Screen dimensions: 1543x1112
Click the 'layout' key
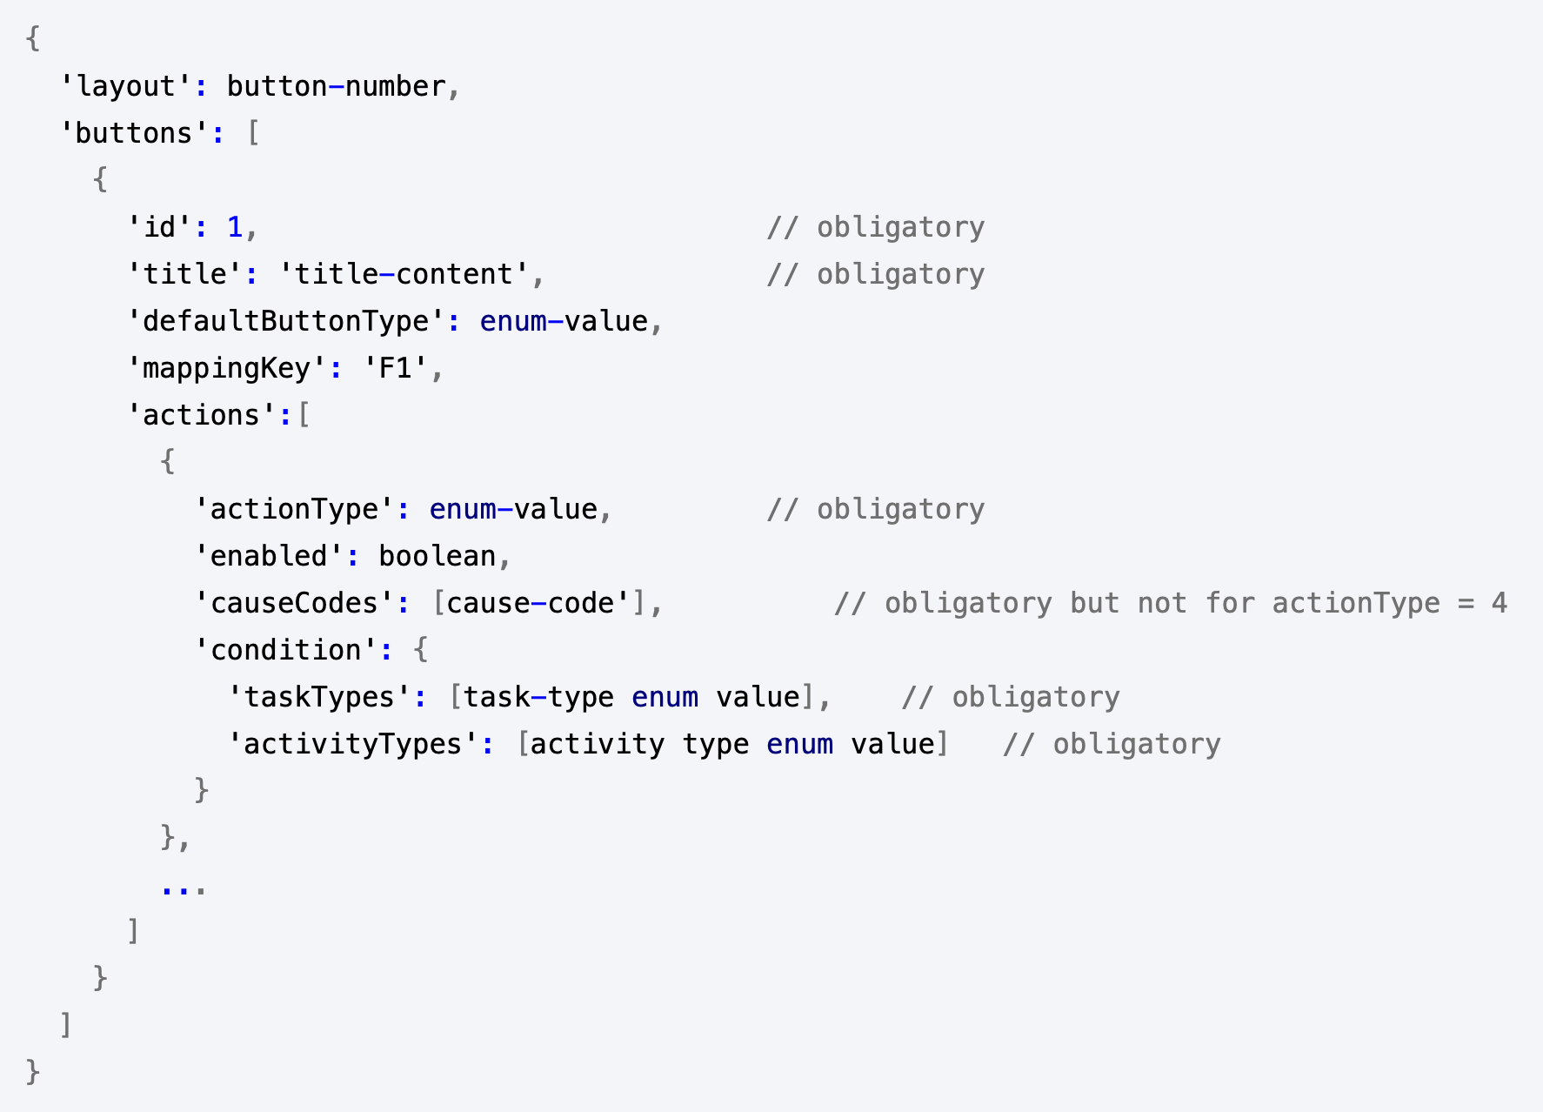pos(126,86)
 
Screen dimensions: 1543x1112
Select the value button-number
pos(337,86)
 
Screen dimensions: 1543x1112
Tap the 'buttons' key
pos(135,133)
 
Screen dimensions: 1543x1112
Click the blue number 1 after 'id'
pos(235,227)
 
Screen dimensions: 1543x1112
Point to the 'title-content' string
pos(404,274)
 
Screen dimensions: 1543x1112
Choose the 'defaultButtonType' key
pos(287,321)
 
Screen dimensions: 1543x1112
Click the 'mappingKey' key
pos(228,368)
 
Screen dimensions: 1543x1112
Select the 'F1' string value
pos(396,368)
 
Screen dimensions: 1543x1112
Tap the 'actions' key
pos(203,415)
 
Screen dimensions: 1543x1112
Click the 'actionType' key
pos(295,509)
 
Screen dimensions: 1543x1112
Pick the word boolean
pos(438,556)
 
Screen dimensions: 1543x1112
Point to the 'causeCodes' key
pos(295,603)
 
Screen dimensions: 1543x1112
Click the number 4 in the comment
pos(1499,603)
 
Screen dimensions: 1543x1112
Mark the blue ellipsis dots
pos(184,889)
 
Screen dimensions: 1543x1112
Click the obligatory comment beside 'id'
pos(876,227)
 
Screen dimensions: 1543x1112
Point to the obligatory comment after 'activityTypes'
pos(1112,744)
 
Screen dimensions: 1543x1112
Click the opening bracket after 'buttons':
pos(253,133)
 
